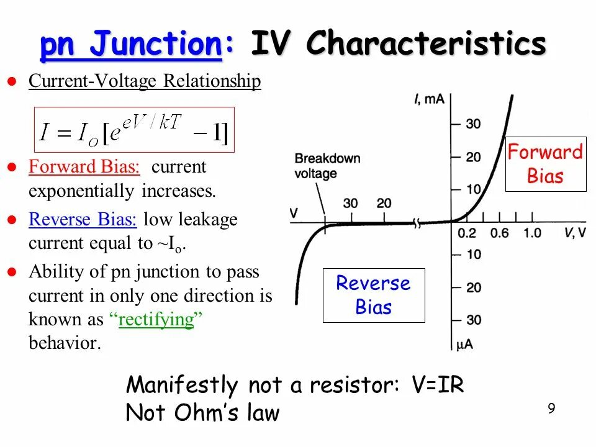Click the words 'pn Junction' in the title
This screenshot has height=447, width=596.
pos(131,45)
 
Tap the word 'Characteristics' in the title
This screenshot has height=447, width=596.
pos(427,45)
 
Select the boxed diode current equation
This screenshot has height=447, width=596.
pos(134,130)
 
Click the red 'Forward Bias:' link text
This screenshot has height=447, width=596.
pos(84,167)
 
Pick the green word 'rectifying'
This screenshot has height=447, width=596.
pos(156,320)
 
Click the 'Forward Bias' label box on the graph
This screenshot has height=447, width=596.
pos(545,164)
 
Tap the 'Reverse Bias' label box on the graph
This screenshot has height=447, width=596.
pos(373,295)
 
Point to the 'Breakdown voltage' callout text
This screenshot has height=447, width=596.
pos(327,166)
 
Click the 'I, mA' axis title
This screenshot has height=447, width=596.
pos(429,99)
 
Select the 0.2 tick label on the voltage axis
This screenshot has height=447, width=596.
pos(467,233)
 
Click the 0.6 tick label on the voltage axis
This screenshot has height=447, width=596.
pos(499,233)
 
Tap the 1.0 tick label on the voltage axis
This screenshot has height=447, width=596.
pos(532,233)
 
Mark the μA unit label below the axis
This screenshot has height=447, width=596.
pos(465,345)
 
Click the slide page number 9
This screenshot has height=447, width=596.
pos(551,408)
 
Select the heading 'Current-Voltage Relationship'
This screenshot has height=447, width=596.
pos(145,81)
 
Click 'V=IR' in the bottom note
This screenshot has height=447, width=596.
pos(438,385)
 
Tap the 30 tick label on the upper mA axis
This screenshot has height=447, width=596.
pos(473,124)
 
